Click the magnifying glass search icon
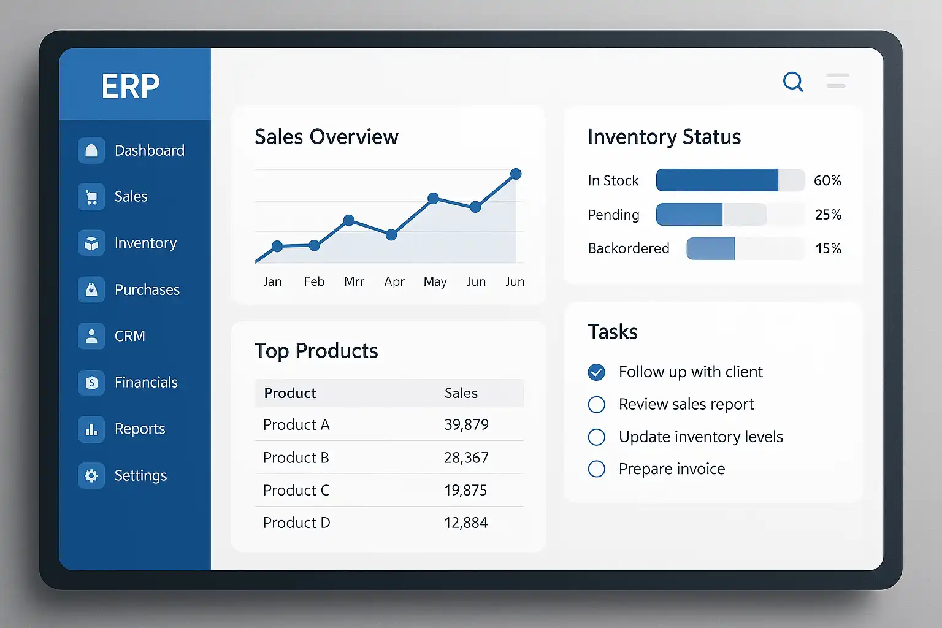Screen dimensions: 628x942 tap(792, 81)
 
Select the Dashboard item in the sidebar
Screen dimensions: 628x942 tap(149, 150)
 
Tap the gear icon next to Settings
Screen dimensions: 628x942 tap(91, 475)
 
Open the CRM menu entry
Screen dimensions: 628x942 tap(129, 336)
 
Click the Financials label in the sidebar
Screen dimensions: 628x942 tap(146, 383)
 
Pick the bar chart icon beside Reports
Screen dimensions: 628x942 tap(91, 429)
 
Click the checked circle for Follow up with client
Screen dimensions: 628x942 tap(596, 372)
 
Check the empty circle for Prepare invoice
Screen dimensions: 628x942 tap(596, 469)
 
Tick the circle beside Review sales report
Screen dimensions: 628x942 tap(596, 405)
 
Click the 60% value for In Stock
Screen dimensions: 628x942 tap(827, 181)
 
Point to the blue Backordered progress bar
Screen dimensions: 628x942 tap(711, 248)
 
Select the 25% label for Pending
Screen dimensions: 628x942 tap(828, 215)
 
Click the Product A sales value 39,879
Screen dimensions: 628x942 tap(466, 425)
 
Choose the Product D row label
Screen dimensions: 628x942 tap(296, 523)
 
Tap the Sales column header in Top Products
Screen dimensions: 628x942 tap(461, 393)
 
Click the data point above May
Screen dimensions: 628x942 tap(433, 198)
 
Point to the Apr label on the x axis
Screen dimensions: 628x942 tap(394, 281)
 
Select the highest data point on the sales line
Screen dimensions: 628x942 tap(516, 174)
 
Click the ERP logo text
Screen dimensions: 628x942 tap(131, 86)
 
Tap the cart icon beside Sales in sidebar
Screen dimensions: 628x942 tap(91, 197)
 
